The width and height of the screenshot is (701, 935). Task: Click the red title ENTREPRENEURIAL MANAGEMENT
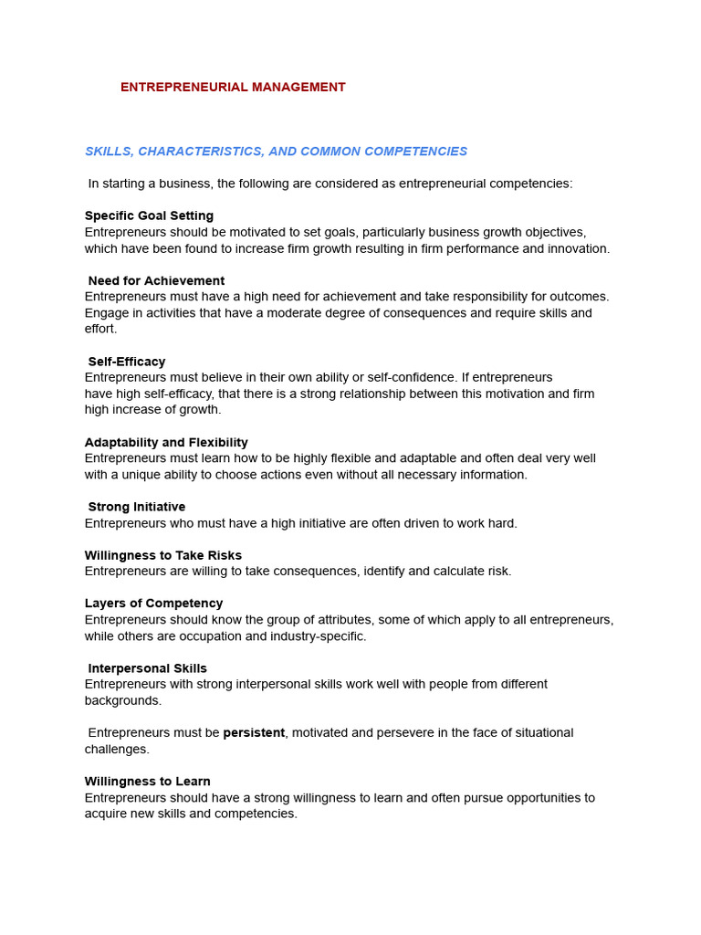(x=233, y=88)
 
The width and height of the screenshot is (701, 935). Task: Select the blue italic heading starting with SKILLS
(x=276, y=152)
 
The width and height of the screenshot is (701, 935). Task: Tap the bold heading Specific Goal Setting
(x=149, y=216)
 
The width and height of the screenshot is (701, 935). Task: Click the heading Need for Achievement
(x=156, y=281)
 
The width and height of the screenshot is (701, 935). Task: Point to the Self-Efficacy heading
(x=127, y=362)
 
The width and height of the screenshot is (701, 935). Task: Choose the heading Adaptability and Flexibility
(x=166, y=443)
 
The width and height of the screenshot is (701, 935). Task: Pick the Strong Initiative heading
(x=137, y=508)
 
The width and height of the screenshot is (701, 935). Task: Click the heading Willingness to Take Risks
(x=163, y=556)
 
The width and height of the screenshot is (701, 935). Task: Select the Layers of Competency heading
(x=153, y=604)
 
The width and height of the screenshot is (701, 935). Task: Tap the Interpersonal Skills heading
(x=148, y=669)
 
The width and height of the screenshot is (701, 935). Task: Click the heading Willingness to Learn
(x=148, y=783)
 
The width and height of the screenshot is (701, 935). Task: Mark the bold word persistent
(x=254, y=733)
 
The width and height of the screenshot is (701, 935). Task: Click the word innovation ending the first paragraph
(x=579, y=249)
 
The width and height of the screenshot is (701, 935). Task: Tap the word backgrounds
(x=122, y=701)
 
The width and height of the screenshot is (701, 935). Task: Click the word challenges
(x=116, y=750)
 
